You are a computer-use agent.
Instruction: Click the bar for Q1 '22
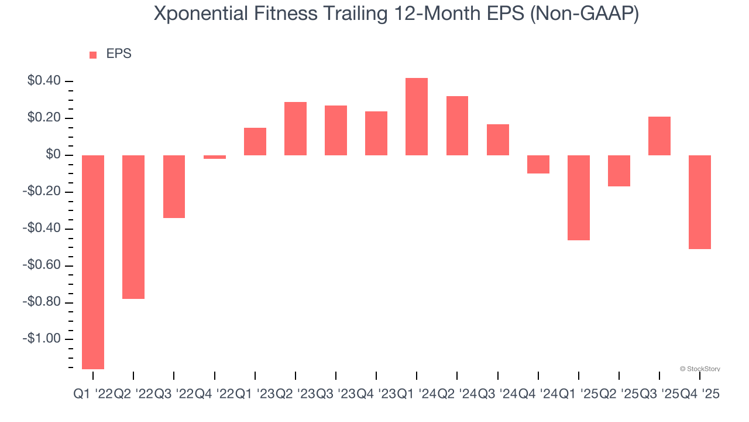pyautogui.click(x=93, y=262)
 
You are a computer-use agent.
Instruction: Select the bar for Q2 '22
pyautogui.click(x=133, y=227)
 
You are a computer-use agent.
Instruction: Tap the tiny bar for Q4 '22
pyautogui.click(x=215, y=157)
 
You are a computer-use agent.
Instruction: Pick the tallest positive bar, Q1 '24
pyautogui.click(x=417, y=117)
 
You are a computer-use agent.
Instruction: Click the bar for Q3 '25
pyautogui.click(x=659, y=136)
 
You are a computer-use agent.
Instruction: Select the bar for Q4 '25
pyautogui.click(x=700, y=202)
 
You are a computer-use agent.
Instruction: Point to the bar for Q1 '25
pyautogui.click(x=579, y=198)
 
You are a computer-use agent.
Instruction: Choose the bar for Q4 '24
pyautogui.click(x=538, y=164)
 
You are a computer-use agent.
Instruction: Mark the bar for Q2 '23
pyautogui.click(x=296, y=128)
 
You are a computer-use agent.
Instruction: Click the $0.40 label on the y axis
pyautogui.click(x=44, y=81)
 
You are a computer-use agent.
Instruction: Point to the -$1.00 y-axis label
pyautogui.click(x=42, y=339)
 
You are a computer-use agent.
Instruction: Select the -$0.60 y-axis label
pyautogui.click(x=42, y=266)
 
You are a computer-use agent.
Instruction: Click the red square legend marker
pyautogui.click(x=93, y=55)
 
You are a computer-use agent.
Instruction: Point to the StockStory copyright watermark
pyautogui.click(x=700, y=369)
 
